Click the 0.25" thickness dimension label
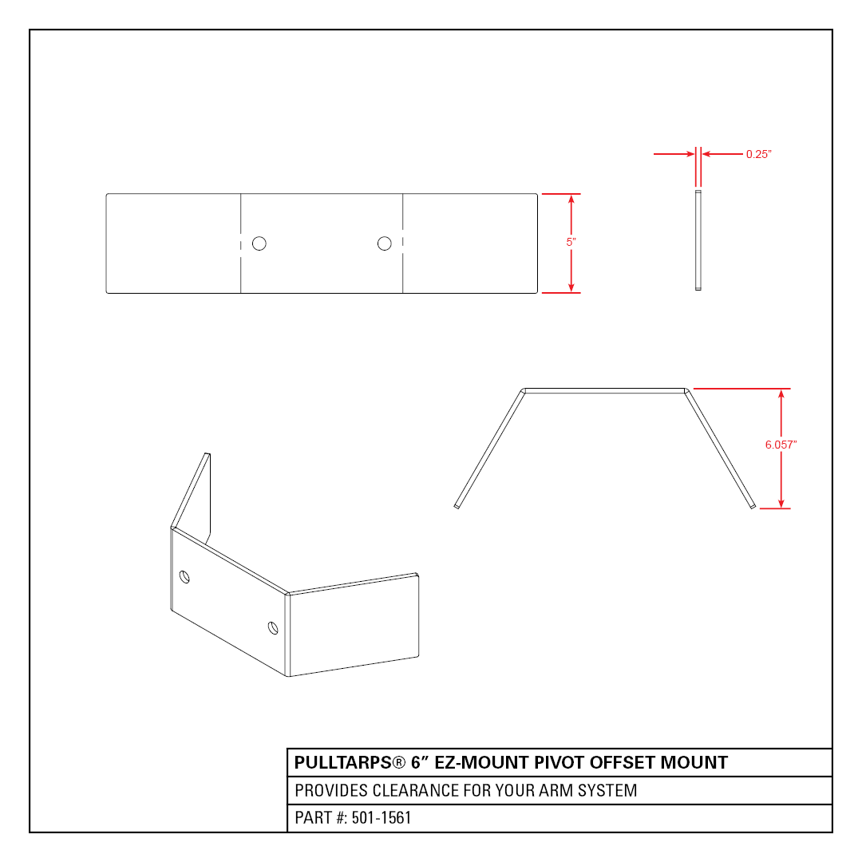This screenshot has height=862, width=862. (x=759, y=155)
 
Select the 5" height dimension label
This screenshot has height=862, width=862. (x=571, y=242)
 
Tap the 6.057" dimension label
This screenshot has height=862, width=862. (x=781, y=445)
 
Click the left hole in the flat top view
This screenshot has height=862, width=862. (x=259, y=243)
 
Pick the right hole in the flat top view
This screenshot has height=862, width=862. (x=384, y=243)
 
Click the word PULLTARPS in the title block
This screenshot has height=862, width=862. (x=343, y=762)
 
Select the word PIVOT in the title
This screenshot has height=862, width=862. (x=560, y=762)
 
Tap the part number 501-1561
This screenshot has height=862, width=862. (x=382, y=818)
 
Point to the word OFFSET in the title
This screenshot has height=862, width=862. (x=623, y=762)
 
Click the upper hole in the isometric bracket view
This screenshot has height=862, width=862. (x=184, y=577)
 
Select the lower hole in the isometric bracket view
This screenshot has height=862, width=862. (x=273, y=628)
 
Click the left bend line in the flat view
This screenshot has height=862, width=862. (x=241, y=243)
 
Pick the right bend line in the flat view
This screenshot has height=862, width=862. (x=403, y=243)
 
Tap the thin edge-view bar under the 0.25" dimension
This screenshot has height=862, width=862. (x=698, y=240)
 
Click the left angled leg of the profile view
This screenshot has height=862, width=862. (x=489, y=448)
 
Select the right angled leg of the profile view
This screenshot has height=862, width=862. (x=720, y=448)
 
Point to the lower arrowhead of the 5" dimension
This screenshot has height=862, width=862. (x=571, y=287)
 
